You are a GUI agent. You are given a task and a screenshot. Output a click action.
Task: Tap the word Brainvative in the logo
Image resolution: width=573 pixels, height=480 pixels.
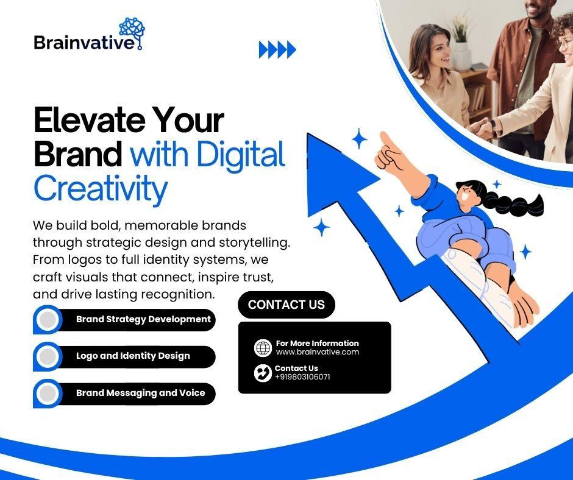(84, 43)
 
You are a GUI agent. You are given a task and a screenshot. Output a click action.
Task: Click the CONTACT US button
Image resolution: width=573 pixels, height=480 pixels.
(286, 305)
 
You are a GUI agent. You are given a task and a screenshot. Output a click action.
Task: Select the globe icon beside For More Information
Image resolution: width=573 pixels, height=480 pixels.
(263, 348)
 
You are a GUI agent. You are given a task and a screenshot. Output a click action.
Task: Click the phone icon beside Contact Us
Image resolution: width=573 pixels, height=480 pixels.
(263, 373)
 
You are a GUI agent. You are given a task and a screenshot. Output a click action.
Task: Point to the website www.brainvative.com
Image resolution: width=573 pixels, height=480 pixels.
(317, 352)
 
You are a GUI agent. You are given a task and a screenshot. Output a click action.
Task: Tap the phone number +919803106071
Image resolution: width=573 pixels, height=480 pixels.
(302, 377)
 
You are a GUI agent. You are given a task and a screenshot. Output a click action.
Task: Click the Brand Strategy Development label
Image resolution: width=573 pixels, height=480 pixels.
(143, 319)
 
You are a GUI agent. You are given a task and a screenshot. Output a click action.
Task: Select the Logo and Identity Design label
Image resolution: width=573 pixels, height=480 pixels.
(133, 356)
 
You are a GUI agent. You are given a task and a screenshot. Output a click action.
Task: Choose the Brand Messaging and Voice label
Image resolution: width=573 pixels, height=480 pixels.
(140, 393)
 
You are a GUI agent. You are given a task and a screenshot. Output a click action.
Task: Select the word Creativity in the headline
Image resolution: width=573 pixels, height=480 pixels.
(101, 189)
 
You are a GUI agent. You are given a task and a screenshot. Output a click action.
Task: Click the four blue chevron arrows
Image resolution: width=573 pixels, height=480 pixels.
(277, 50)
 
